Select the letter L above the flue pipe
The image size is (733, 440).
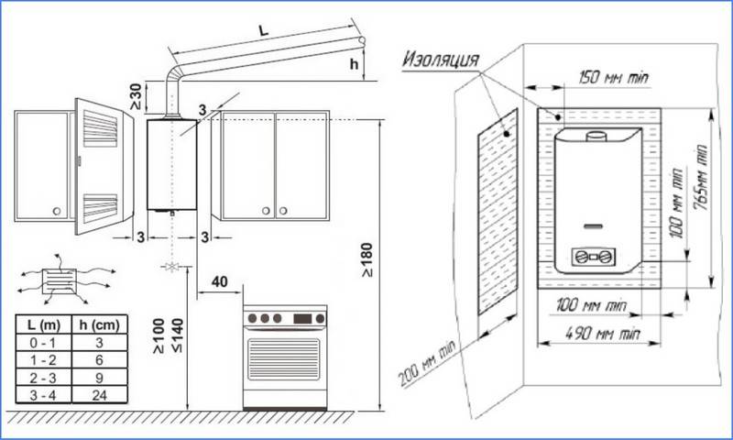pyautogui.click(x=263, y=30)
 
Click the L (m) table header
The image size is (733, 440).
pyautogui.click(x=45, y=325)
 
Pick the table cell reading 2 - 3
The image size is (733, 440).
pyautogui.click(x=45, y=376)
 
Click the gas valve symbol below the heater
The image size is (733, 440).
pyautogui.click(x=169, y=268)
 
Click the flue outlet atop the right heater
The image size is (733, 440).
pyautogui.click(x=596, y=138)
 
